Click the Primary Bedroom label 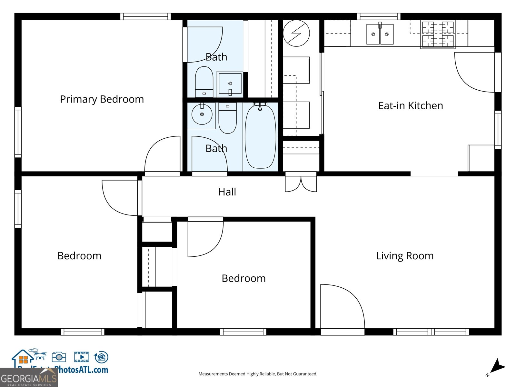tap(102, 99)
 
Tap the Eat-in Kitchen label tap(410, 106)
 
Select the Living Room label tap(404, 256)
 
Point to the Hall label tap(227, 192)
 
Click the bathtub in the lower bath tap(260, 136)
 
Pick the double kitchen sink tap(380, 34)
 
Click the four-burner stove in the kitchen tap(438, 34)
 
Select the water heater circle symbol tap(296, 33)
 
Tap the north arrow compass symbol tap(497, 367)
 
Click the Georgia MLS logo tap(29, 378)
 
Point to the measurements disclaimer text tap(258, 374)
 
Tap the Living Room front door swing tap(342, 306)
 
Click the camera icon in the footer tap(59, 357)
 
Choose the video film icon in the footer tap(82, 357)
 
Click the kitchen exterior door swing tap(474, 73)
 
